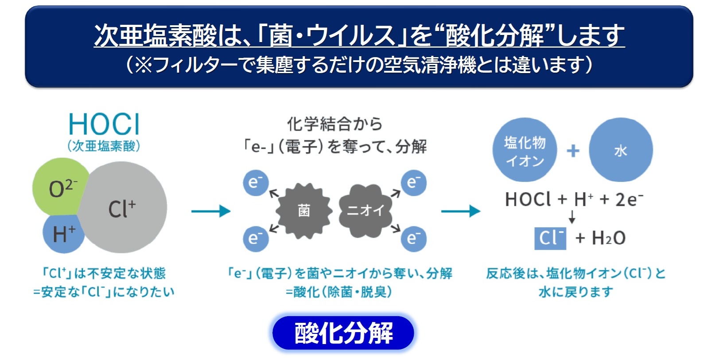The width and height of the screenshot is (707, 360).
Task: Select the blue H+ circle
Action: pyautogui.click(x=63, y=233)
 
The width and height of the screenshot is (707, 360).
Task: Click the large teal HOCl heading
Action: pyautogui.click(x=104, y=124)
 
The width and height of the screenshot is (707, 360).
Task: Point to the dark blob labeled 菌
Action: pyautogui.click(x=304, y=210)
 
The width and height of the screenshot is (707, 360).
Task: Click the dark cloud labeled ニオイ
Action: pyautogui.click(x=365, y=210)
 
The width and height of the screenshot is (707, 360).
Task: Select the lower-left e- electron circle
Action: pyautogui.click(x=256, y=239)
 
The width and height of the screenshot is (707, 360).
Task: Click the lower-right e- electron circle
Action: pyautogui.click(x=413, y=239)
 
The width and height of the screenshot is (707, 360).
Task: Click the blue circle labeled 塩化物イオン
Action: pyautogui.click(x=525, y=150)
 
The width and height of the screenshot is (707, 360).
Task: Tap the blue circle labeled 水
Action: pyautogui.click(x=621, y=150)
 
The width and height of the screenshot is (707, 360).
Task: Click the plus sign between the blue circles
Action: pyautogui.click(x=573, y=151)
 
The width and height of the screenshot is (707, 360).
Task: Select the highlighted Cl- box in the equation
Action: pyautogui.click(x=550, y=238)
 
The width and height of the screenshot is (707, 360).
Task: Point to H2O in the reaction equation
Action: pyautogui.click(x=609, y=238)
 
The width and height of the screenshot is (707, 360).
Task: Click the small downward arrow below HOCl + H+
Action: pyautogui.click(x=572, y=217)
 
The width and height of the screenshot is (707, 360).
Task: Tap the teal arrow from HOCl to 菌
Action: pyautogui.click(x=211, y=211)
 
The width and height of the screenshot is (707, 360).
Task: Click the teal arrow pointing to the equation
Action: pyautogui.click(x=461, y=211)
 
